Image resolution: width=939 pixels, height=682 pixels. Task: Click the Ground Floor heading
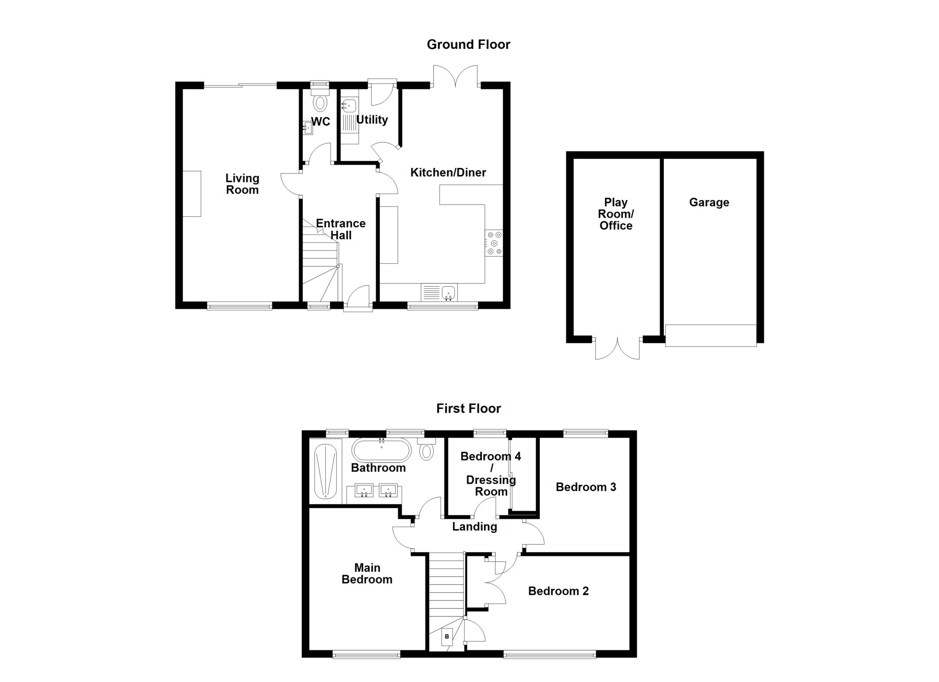468,45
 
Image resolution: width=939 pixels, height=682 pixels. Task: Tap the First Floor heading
469,409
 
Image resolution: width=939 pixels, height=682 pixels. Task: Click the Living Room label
242,184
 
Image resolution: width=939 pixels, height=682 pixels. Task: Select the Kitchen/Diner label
448,173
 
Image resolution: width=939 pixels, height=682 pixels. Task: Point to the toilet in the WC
321,100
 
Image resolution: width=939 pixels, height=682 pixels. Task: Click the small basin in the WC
308,128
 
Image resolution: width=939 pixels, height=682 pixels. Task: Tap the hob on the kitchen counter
494,243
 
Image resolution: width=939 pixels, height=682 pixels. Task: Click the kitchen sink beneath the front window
439,293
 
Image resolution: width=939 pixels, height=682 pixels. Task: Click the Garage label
709,202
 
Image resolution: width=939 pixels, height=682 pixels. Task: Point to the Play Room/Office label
616,214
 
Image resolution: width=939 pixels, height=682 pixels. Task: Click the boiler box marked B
447,637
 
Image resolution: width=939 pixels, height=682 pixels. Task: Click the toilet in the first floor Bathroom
426,449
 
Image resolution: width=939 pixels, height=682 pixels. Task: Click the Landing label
474,527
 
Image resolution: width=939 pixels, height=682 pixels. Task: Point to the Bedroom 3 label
586,487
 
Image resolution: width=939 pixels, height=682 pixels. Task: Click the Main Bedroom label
367,574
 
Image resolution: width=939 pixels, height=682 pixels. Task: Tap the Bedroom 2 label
558,591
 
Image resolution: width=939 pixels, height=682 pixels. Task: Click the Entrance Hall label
341,229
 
